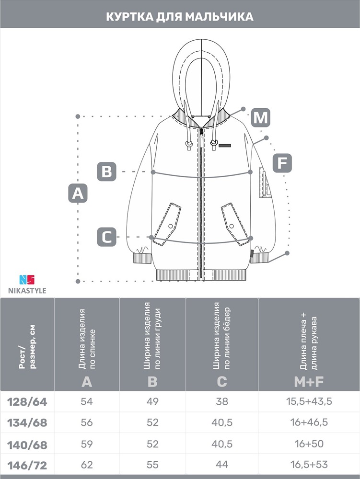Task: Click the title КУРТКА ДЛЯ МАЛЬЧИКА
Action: click(x=180, y=16)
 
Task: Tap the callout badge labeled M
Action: click(x=261, y=117)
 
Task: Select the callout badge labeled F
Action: click(x=282, y=163)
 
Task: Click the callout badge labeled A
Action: click(x=78, y=194)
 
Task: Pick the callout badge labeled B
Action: click(x=106, y=171)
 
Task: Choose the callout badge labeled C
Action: click(x=106, y=237)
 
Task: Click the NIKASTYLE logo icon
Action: click(x=27, y=280)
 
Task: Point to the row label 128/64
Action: click(x=27, y=402)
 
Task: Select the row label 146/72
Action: click(x=27, y=465)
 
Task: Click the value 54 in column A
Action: click(x=87, y=401)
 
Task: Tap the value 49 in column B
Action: click(x=152, y=401)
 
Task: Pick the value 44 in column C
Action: click(x=222, y=464)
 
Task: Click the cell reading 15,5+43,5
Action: click(x=309, y=401)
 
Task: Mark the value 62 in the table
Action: click(x=87, y=464)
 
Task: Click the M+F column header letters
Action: click(x=309, y=382)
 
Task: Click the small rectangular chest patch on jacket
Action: click(x=225, y=145)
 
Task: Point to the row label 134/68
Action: click(x=27, y=423)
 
